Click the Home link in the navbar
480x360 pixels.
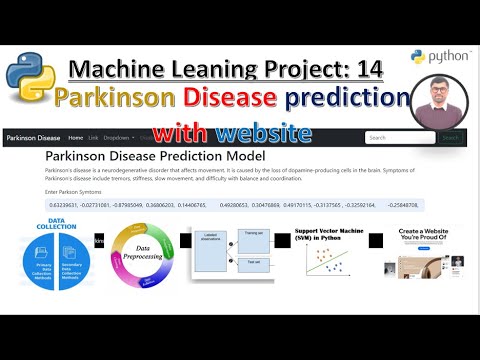[x=75, y=137]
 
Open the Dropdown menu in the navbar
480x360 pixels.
[x=119, y=137]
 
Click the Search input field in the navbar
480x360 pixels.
[x=398, y=138]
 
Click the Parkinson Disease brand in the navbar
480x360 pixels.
[x=33, y=137]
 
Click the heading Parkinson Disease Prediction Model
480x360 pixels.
[x=155, y=157]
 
